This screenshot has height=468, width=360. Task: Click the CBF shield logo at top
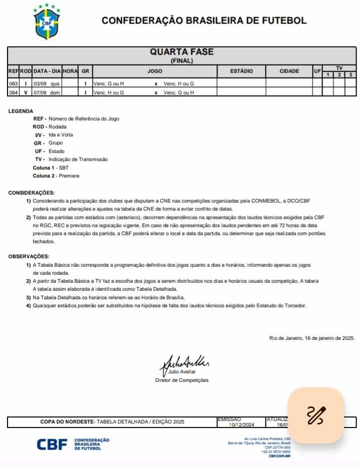click(46, 23)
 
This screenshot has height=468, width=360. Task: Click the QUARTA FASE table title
click(181, 52)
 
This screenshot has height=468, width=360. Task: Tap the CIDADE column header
click(289, 71)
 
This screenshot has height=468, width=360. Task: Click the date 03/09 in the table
click(39, 84)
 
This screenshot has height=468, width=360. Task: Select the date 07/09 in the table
click(39, 92)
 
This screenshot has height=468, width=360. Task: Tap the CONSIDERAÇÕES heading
click(31, 193)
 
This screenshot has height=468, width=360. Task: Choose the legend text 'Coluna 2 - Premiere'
click(56, 176)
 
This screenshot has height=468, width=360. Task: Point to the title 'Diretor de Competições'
click(181, 380)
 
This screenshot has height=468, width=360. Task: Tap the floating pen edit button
click(316, 415)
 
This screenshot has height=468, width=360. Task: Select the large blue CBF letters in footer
click(52, 444)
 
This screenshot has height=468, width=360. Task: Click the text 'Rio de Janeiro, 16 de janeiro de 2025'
click(311, 338)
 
